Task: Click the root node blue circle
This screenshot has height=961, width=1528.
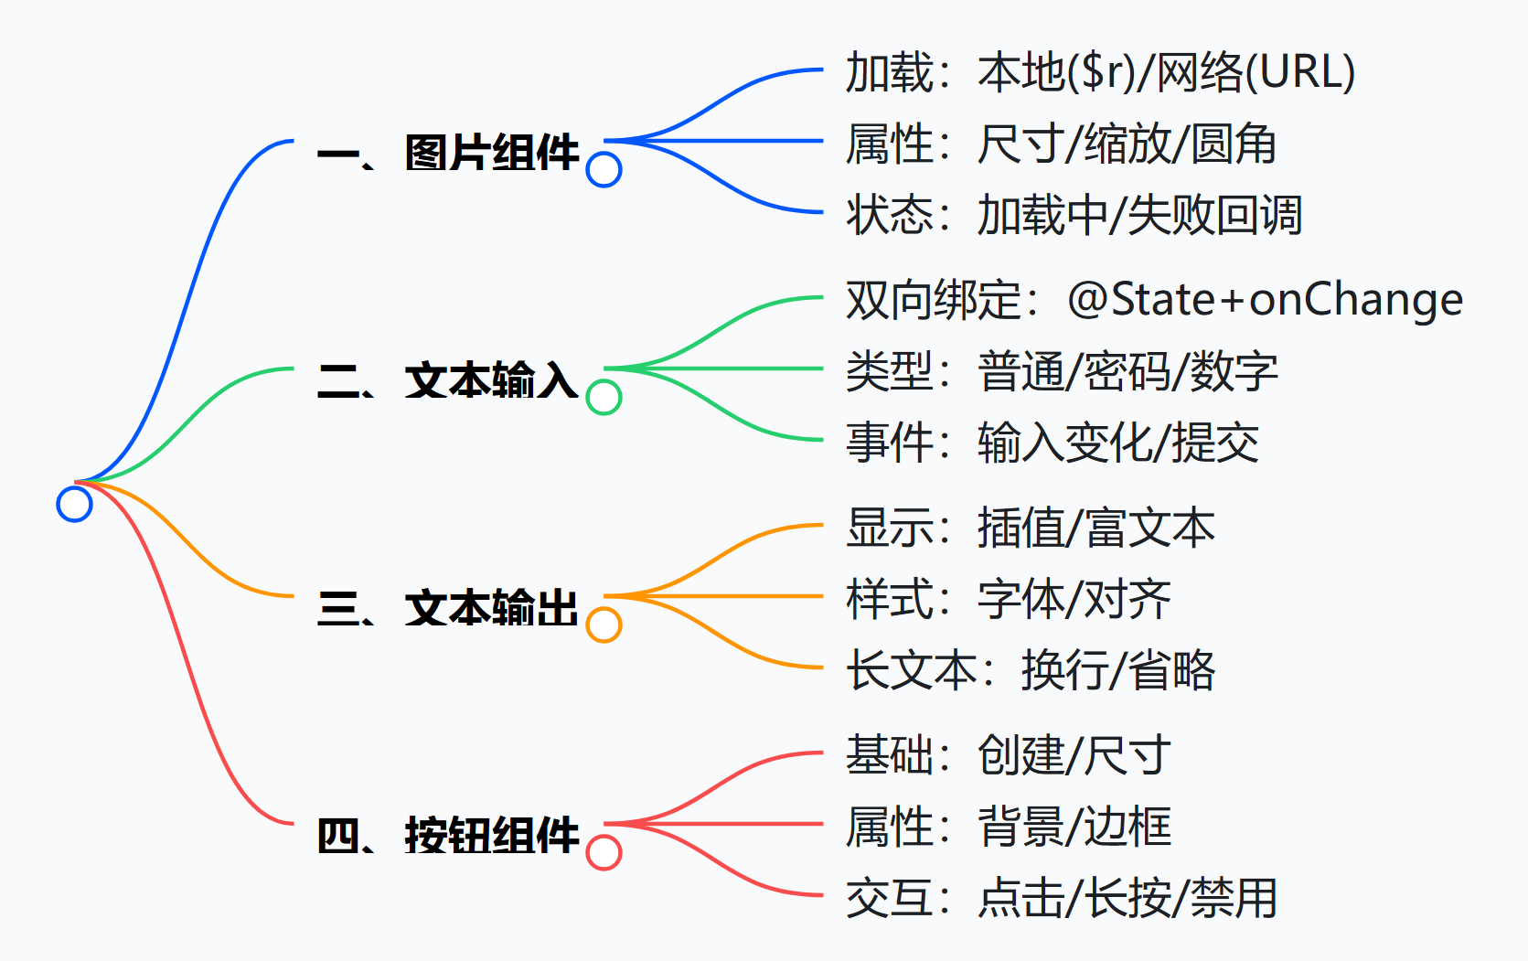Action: click(x=74, y=504)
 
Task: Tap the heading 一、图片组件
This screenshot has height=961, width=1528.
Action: click(x=448, y=153)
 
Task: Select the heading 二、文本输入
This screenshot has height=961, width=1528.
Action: click(x=448, y=380)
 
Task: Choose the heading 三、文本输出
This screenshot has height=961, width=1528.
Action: click(x=448, y=608)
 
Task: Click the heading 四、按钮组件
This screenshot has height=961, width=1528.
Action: click(x=448, y=836)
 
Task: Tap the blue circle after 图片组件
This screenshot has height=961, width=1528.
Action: click(x=604, y=169)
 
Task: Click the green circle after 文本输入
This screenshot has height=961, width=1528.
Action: click(x=604, y=397)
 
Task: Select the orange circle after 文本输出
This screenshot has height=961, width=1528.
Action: click(x=604, y=625)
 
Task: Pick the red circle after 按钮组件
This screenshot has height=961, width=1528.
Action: click(x=604, y=852)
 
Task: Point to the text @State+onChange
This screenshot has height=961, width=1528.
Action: click(x=1265, y=300)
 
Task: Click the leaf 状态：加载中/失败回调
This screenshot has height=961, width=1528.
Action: click(x=1074, y=216)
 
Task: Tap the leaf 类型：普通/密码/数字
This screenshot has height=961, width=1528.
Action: click(x=1062, y=372)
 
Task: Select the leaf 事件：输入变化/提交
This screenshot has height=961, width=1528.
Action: click(x=1052, y=443)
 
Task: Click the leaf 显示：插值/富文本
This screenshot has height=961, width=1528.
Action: click(x=1031, y=528)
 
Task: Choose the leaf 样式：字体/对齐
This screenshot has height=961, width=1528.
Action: click(x=1008, y=600)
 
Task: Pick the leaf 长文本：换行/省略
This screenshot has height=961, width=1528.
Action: click(x=1031, y=671)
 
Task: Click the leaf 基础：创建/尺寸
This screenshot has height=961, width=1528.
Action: click(x=1008, y=755)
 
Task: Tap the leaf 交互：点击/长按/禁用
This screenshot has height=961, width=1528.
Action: click(x=1062, y=899)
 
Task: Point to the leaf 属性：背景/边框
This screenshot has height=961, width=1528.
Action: click(x=1008, y=828)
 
